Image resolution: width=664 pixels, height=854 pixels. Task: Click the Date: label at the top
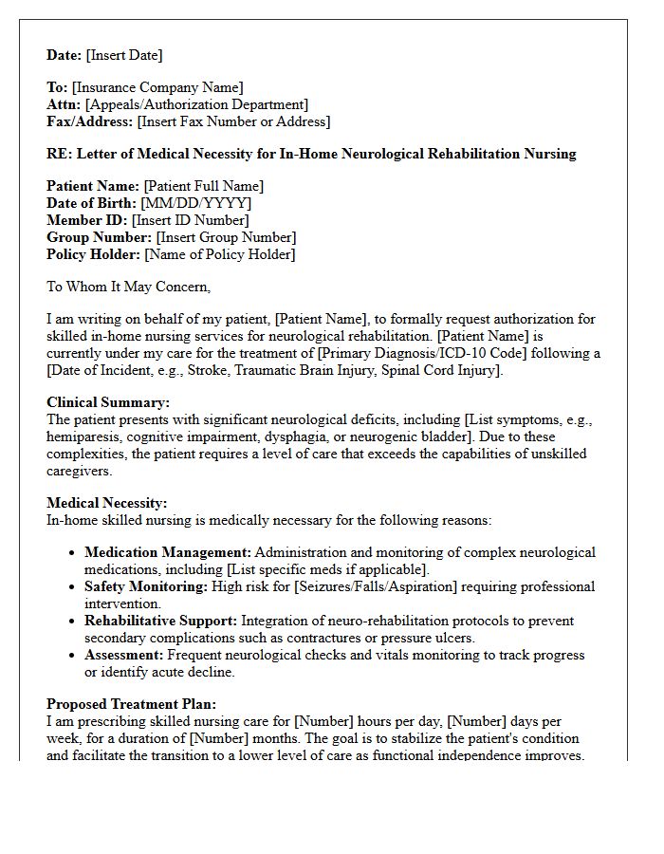65,55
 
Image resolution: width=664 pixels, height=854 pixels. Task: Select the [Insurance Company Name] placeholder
157,87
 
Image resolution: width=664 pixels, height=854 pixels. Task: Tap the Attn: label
64,104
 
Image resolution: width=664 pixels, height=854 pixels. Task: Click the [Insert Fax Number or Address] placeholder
233,121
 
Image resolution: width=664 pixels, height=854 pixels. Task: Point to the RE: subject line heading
311,154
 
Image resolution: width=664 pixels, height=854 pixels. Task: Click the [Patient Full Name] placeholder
204,186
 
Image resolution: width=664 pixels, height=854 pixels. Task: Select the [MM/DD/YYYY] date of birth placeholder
196,203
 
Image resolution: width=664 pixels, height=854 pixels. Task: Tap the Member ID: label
87,220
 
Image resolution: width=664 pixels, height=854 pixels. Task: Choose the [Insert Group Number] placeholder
226,237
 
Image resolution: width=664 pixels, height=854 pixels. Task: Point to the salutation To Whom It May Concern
129,287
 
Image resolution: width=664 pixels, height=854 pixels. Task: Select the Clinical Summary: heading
108,402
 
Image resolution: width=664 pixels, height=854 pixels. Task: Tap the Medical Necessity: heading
106,503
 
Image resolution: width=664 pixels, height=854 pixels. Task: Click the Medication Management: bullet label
168,552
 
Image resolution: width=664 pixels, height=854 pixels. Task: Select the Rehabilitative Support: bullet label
160,621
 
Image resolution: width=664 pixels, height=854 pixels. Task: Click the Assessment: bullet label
124,655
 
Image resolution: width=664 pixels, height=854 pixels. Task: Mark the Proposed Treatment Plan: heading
132,704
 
